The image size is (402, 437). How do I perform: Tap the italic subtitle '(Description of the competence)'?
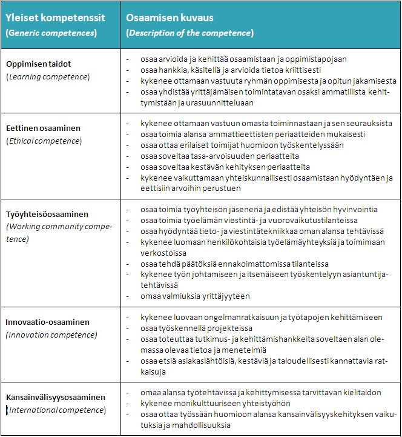coord(189,33)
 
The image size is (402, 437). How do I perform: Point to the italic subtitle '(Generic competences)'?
coord(51,33)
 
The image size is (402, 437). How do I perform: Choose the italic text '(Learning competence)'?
coord(47,76)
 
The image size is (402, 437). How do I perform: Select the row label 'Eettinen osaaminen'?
coord(43,128)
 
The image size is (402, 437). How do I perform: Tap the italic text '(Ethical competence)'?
coord(44,141)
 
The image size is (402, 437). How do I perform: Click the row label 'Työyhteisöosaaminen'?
coord(47,214)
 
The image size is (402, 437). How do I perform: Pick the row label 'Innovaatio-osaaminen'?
coord(47,322)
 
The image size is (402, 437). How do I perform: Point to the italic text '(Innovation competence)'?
coord(51,335)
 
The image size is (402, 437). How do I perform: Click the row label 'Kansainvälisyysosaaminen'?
coord(55,398)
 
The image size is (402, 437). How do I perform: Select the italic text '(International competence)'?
coord(56,410)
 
